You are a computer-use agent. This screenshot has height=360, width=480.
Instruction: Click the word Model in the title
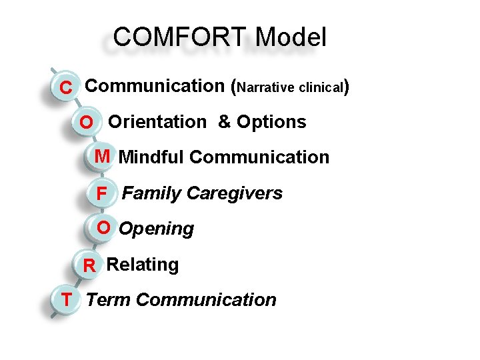point(291,37)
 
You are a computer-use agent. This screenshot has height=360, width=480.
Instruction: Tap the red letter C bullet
point(66,87)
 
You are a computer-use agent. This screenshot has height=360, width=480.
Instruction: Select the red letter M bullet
point(102,157)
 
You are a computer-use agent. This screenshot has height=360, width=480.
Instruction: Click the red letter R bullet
point(89,266)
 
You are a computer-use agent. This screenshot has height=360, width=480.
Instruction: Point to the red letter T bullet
point(67,300)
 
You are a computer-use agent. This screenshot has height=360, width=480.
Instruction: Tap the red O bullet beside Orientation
point(87,123)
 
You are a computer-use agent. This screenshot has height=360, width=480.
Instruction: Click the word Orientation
point(157,122)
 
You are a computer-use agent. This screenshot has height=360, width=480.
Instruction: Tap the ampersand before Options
point(225,122)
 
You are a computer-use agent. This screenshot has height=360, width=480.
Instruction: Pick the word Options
point(271,123)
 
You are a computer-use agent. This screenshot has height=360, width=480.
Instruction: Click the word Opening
point(156,229)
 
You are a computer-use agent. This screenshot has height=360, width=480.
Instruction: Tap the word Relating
point(143,265)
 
